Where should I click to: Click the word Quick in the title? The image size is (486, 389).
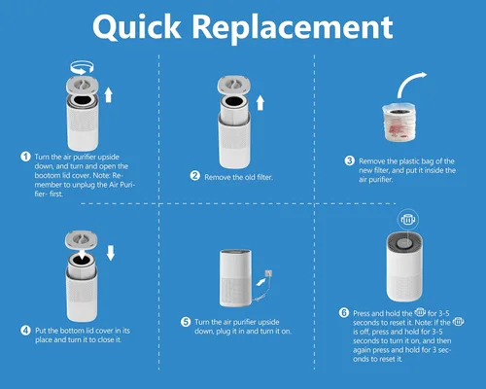pos(136,27)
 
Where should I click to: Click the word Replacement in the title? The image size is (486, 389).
pos(293,27)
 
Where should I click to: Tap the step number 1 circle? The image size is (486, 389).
pos(25,157)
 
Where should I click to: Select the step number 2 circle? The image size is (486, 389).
pos(195,176)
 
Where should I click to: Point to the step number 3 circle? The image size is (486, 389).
pos(349,160)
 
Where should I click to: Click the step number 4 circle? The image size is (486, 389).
pos(25,331)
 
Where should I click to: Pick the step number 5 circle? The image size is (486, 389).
pos(186,322)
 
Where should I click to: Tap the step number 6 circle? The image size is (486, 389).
pos(344,313)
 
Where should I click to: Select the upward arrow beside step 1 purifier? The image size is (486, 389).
pos(109,95)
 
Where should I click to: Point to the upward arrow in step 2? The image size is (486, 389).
pos(260,102)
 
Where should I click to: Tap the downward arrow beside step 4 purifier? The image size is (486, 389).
pos(111,253)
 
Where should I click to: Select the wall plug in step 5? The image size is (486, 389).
pos(268,273)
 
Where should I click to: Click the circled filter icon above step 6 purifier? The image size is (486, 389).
pos(408,220)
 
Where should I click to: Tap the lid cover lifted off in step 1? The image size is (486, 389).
pos(82,86)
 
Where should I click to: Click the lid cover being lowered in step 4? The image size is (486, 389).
pos(81,241)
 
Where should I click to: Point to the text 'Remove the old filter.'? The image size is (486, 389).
pos(238,177)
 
